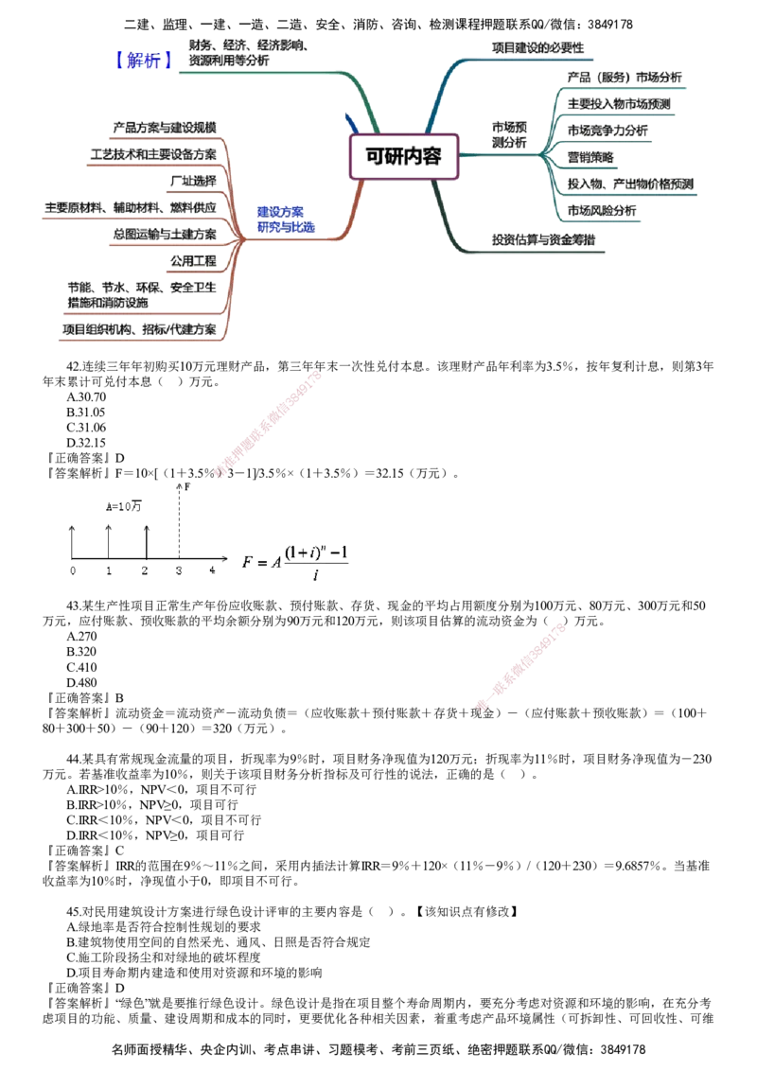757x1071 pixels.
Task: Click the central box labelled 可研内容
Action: coord(403,156)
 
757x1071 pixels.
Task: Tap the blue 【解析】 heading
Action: coord(144,61)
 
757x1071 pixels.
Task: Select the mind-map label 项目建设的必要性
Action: coord(537,48)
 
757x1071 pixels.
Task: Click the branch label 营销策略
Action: coord(590,157)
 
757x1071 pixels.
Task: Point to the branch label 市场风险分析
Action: coord(601,210)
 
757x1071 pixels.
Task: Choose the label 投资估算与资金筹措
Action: coord(543,239)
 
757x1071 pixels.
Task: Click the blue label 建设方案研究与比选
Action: coord(286,219)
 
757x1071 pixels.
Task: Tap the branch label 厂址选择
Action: coord(193,181)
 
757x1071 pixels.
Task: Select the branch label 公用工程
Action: coord(193,261)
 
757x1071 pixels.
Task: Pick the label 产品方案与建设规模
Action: coord(165,128)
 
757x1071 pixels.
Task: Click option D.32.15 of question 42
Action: coord(86,443)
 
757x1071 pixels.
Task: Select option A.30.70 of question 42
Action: coord(86,396)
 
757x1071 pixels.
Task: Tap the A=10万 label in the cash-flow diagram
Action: coord(124,506)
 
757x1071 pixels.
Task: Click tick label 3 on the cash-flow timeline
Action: coord(178,571)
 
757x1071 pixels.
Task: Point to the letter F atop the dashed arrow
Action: coord(187,487)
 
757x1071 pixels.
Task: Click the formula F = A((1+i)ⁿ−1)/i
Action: coord(295,562)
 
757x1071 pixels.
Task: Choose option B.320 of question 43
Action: coord(81,652)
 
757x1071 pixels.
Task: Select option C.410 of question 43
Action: coord(81,667)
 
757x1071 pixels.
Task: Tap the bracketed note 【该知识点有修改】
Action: coord(467,911)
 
